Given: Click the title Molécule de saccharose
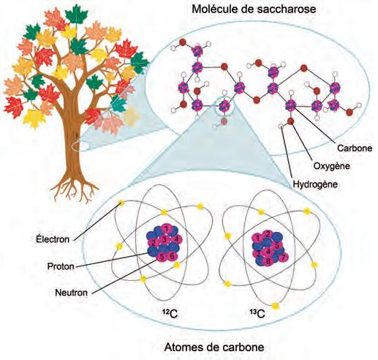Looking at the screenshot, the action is coord(254,10).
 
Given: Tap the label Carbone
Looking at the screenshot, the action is coord(355,148).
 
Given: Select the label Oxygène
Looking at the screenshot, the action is coord(332,166).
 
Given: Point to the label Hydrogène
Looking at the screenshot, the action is coord(315,184).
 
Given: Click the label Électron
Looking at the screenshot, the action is coord(53,239).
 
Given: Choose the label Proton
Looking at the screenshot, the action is coord(61,266).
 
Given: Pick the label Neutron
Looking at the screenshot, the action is coord(71,293).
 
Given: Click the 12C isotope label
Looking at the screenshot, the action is coord(170,314).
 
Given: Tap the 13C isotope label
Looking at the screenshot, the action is coord(257,314).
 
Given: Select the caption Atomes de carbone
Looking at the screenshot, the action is coord(214,347).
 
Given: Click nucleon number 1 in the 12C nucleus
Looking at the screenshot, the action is coord(167,228).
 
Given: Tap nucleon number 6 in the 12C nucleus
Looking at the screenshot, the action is coord(172,256).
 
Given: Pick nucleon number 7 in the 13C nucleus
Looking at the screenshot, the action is coord(283,257).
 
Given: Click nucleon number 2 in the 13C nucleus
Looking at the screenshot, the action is coord(268,234).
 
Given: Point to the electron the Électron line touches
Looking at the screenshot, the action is coord(121,203).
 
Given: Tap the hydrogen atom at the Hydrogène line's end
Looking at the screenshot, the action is coord(281,127).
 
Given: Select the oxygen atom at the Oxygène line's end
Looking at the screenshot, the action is coord(290,121).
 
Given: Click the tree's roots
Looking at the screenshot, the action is coord(75,188).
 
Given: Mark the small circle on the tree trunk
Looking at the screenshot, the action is coord(80,146).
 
